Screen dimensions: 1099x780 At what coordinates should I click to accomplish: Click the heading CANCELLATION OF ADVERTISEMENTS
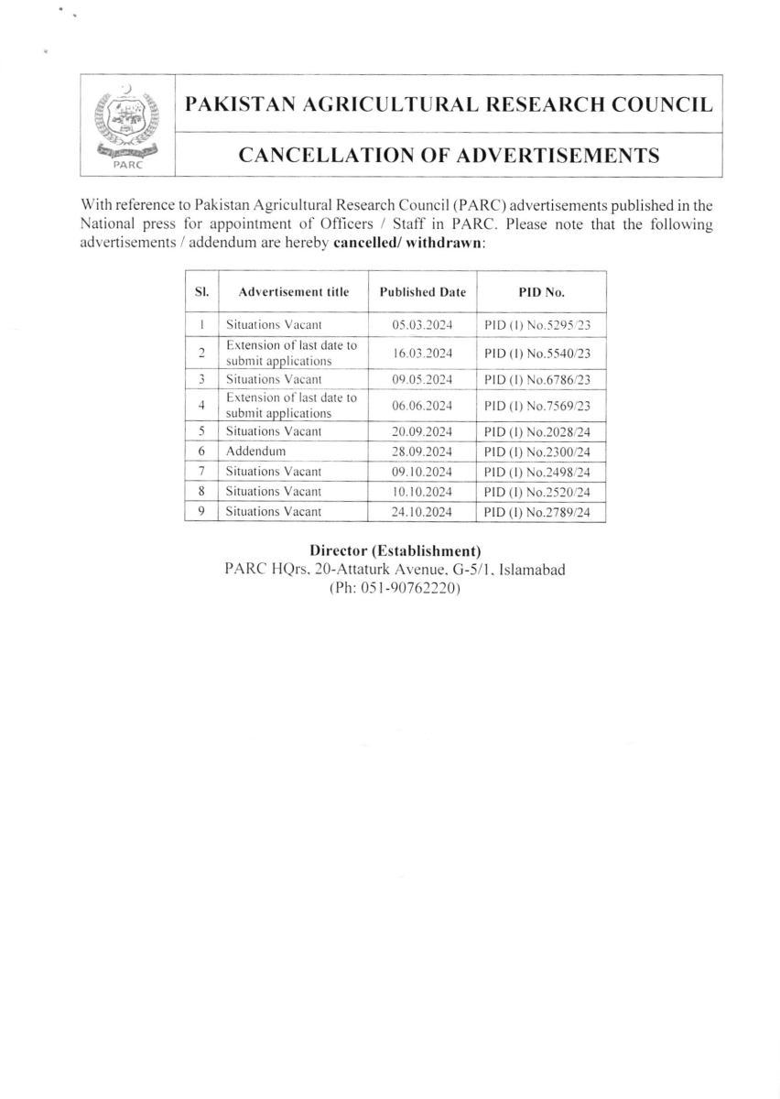[449, 156]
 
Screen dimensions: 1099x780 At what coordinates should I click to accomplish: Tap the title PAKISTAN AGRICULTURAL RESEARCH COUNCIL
[449, 104]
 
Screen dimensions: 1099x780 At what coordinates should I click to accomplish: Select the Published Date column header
[422, 293]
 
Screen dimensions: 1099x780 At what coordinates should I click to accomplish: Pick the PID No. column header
[541, 293]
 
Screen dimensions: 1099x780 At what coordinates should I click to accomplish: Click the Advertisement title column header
[293, 293]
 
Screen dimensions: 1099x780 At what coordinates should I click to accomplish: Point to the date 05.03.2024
[422, 325]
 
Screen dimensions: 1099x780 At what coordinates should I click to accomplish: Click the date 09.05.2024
[422, 378]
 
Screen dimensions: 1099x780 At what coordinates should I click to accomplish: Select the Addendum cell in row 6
[256, 452]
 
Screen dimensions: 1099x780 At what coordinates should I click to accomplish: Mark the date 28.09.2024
[422, 452]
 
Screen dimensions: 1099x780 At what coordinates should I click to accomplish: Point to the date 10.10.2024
[422, 492]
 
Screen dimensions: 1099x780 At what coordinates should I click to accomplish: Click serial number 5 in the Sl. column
[200, 431]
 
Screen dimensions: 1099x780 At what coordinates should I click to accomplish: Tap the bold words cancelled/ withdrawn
[407, 243]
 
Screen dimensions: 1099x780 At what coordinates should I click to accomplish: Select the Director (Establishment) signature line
[395, 550]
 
